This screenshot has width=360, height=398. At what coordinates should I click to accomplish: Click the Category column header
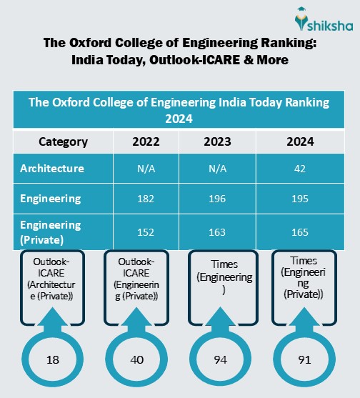coord(63,141)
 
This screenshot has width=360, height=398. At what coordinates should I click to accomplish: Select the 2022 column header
coord(146,141)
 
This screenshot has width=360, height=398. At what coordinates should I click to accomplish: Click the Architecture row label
coord(52,169)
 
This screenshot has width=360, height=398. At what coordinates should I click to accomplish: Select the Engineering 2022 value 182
coord(146,199)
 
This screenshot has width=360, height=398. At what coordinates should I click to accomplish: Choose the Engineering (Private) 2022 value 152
coord(146,232)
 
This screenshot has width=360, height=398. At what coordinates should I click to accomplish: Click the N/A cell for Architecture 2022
coord(146,169)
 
